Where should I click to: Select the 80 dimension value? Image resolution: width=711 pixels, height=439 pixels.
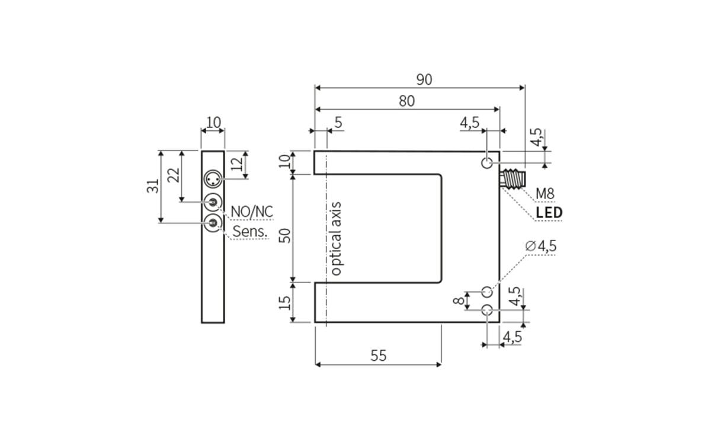click(406, 101)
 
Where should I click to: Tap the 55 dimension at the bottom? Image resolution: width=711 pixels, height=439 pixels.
click(378, 355)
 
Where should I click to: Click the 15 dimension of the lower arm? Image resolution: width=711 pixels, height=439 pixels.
click(286, 302)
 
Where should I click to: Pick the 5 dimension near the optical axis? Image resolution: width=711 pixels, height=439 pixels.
click(338, 123)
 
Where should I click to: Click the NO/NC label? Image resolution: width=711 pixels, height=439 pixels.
click(251, 212)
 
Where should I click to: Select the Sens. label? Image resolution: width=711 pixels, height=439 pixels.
click(251, 232)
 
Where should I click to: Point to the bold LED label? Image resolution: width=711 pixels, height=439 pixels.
click(549, 213)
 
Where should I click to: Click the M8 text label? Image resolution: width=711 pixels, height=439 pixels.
click(545, 193)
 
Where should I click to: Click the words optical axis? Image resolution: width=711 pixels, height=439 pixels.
click(336, 239)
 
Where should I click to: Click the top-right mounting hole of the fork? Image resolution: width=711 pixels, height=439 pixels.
click(487, 163)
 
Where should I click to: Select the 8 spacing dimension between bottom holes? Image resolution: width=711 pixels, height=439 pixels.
click(458, 300)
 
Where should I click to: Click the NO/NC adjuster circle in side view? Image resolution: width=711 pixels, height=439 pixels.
click(213, 202)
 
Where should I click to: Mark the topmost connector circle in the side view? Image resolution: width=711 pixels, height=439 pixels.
click(213, 178)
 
